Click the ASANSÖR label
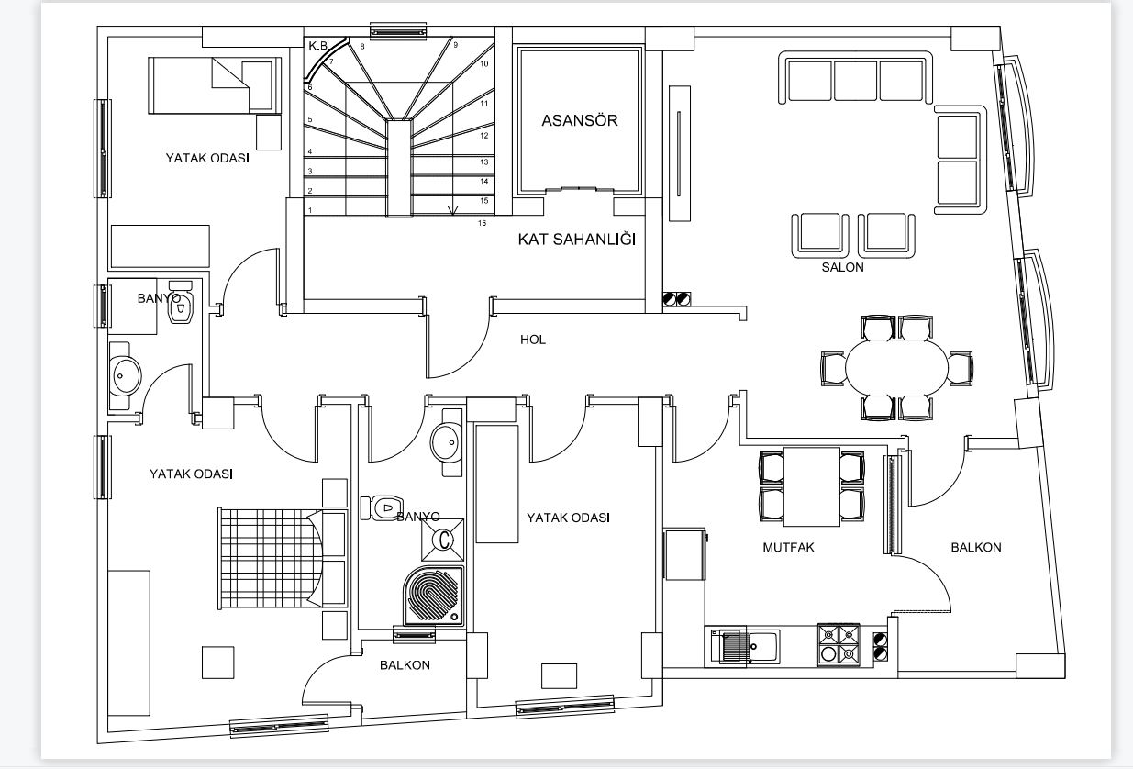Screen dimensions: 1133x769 pos(580,120)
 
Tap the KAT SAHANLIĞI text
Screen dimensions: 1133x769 pos(577,239)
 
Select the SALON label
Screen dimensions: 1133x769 pos(842,267)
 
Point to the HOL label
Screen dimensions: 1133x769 pos(533,340)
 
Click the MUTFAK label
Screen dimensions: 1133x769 pos(788,547)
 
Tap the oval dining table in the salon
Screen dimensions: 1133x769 pos(897,368)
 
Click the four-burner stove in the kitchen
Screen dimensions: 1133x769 pos(839,645)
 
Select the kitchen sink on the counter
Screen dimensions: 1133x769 pos(745,646)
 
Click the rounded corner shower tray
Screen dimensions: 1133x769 pos(433,596)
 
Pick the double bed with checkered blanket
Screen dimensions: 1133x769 pos(283,559)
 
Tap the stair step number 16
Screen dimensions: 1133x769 pos(482,223)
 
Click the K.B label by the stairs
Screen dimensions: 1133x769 pos(318,46)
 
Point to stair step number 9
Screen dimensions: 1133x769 pos(456,45)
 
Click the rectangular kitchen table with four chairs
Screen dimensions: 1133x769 pos(812,486)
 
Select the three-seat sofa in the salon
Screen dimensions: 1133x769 pos(855,77)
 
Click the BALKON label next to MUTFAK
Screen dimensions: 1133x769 pos(976,547)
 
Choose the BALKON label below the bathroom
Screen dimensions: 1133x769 pos(405,664)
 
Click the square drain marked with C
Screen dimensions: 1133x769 pos(442,540)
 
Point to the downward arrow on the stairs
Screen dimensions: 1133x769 pos(452,210)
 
